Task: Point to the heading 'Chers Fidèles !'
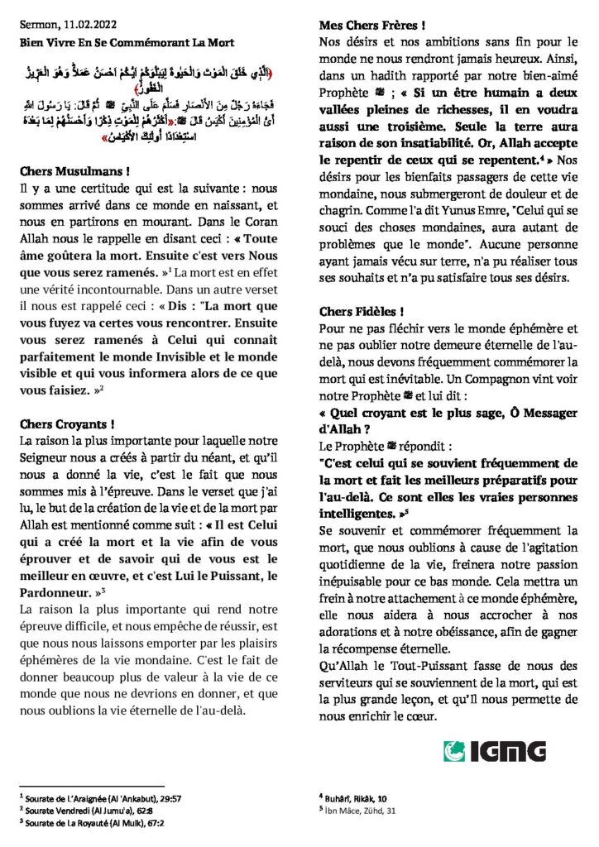[x=361, y=312]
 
